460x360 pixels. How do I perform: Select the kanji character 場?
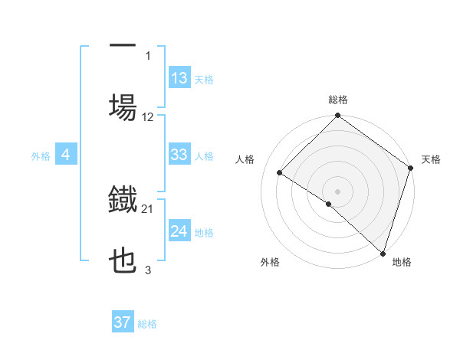click(x=123, y=106)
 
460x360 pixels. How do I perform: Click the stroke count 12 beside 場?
click(x=148, y=117)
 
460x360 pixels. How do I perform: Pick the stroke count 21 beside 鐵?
click(x=148, y=208)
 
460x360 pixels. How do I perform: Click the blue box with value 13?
click(x=179, y=77)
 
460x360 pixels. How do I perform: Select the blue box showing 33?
click(x=179, y=155)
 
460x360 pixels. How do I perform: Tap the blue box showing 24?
click(x=179, y=231)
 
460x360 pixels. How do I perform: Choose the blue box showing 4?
click(x=65, y=155)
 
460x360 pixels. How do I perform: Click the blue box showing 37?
click(x=122, y=322)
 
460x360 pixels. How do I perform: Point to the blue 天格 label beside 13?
click(x=204, y=79)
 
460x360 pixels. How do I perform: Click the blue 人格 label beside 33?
click(x=204, y=155)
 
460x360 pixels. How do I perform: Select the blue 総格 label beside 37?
click(x=147, y=324)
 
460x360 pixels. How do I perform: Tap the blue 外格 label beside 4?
click(x=41, y=156)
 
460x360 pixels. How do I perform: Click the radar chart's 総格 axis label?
click(x=337, y=100)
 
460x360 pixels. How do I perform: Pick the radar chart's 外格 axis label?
click(x=270, y=262)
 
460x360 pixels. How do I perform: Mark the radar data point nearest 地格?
click(x=383, y=253)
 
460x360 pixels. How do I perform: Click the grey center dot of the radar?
click(x=337, y=191)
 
